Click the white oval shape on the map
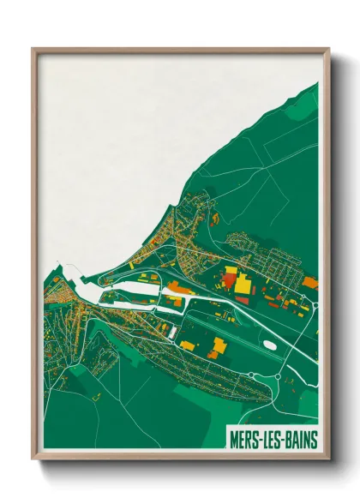click(x=271, y=345)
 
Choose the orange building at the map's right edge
click(x=310, y=282)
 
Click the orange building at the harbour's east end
click(x=177, y=286)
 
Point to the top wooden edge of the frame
click(x=180, y=51)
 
